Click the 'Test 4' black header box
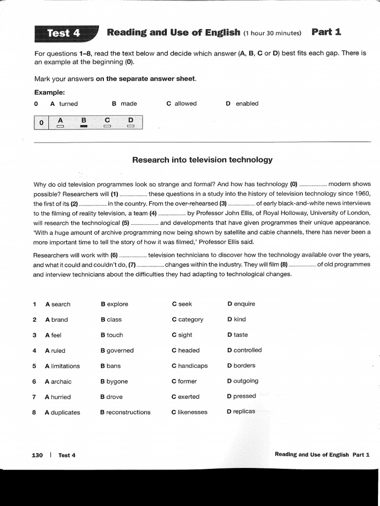tap(63, 33)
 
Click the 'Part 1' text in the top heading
tap(327, 33)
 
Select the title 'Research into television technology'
tap(202, 160)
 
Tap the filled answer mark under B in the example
tap(84, 126)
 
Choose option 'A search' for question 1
tap(57, 304)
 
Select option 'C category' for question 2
tap(188, 320)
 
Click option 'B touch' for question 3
tap(112, 335)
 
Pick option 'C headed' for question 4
tap(186, 350)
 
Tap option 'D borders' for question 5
tap(241, 366)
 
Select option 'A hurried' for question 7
tap(58, 397)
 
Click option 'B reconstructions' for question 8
tap(125, 412)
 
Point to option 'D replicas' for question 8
tap(241, 411)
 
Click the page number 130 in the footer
tap(37, 455)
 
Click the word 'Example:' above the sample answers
tap(49, 92)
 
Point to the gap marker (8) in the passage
tap(284, 264)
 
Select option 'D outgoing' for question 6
tap(242, 381)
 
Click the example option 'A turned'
tap(64, 104)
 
